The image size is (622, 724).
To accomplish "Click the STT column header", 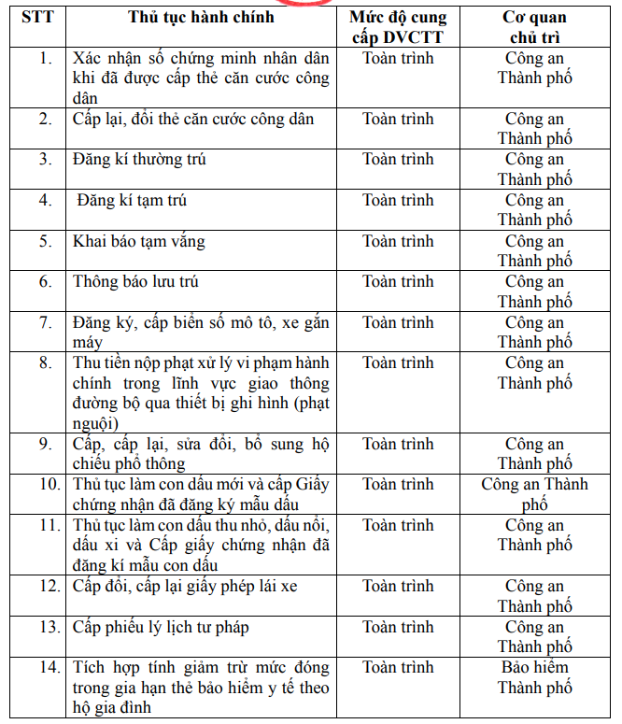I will (36, 19).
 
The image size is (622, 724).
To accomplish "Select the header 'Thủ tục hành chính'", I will (201, 19).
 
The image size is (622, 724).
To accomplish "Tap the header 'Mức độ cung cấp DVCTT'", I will (398, 28).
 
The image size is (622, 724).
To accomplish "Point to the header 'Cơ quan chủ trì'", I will (534, 28).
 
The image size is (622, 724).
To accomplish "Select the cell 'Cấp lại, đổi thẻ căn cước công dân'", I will (193, 120).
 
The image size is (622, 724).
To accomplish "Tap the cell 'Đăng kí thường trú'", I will (140, 160).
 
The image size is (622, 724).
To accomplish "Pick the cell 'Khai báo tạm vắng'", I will (139, 242).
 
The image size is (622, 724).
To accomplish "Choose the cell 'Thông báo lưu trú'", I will (136, 282).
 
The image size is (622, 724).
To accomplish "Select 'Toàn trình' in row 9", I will (398, 445).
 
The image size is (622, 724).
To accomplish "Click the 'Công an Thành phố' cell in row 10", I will (534, 494).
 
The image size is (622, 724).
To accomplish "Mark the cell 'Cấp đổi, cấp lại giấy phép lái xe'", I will (185, 587).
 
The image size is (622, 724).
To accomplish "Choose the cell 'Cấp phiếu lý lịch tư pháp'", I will (161, 628).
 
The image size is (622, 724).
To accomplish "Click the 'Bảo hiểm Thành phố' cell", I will (534, 677).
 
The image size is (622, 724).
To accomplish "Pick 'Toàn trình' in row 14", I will (398, 668).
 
